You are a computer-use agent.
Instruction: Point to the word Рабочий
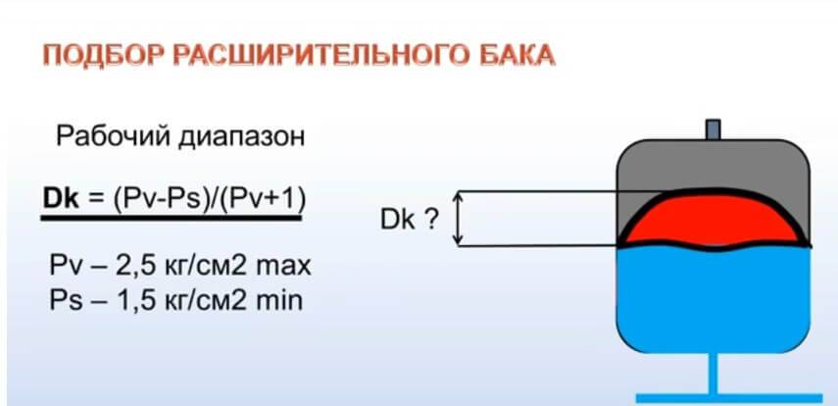113,136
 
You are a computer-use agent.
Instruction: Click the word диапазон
241,138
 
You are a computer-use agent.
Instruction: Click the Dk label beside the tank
398,220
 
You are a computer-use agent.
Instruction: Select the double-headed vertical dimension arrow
458,219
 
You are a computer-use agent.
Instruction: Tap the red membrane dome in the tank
714,220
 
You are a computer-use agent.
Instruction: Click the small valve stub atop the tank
713,129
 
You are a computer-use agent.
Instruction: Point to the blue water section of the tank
714,299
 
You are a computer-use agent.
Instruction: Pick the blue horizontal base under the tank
729,398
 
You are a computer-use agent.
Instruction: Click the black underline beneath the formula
171,219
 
